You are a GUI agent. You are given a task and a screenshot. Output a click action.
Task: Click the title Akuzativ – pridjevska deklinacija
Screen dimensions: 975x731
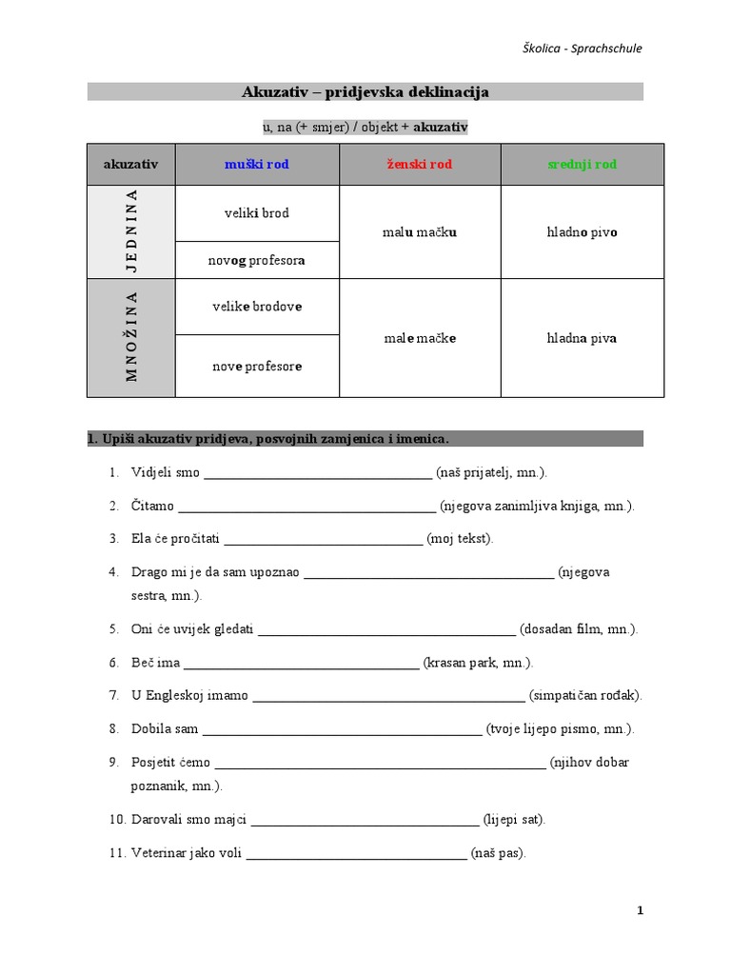point(365,92)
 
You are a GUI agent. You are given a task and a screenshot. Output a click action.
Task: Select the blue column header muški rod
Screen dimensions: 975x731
point(257,164)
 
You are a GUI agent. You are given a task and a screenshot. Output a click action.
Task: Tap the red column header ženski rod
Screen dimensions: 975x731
point(420,164)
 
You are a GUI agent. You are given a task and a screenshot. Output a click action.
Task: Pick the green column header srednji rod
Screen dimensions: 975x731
point(582,164)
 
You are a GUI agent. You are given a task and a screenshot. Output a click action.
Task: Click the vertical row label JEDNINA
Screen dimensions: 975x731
point(131,231)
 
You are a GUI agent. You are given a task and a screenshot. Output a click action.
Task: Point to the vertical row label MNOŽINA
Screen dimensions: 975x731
point(131,337)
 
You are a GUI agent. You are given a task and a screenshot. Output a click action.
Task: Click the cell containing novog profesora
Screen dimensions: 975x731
point(257,260)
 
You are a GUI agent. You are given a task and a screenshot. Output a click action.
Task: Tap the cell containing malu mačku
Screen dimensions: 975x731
point(420,231)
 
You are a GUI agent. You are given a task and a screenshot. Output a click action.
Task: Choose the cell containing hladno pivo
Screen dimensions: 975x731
point(582,231)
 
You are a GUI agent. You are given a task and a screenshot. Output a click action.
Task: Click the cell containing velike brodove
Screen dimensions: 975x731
point(257,307)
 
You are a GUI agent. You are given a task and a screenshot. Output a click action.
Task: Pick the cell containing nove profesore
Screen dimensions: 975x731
point(257,366)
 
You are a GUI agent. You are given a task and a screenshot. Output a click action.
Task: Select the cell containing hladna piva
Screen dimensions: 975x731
point(582,337)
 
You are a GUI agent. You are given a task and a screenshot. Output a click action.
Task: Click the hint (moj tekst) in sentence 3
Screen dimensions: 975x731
point(460,538)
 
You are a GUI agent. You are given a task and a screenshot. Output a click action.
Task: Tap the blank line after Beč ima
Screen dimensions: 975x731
point(301,663)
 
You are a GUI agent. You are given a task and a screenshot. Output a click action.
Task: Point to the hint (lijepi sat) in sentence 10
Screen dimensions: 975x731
point(514,819)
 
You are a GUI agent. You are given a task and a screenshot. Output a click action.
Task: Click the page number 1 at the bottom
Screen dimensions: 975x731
point(641,910)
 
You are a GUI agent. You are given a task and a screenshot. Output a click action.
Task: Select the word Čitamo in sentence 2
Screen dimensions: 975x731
point(152,506)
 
